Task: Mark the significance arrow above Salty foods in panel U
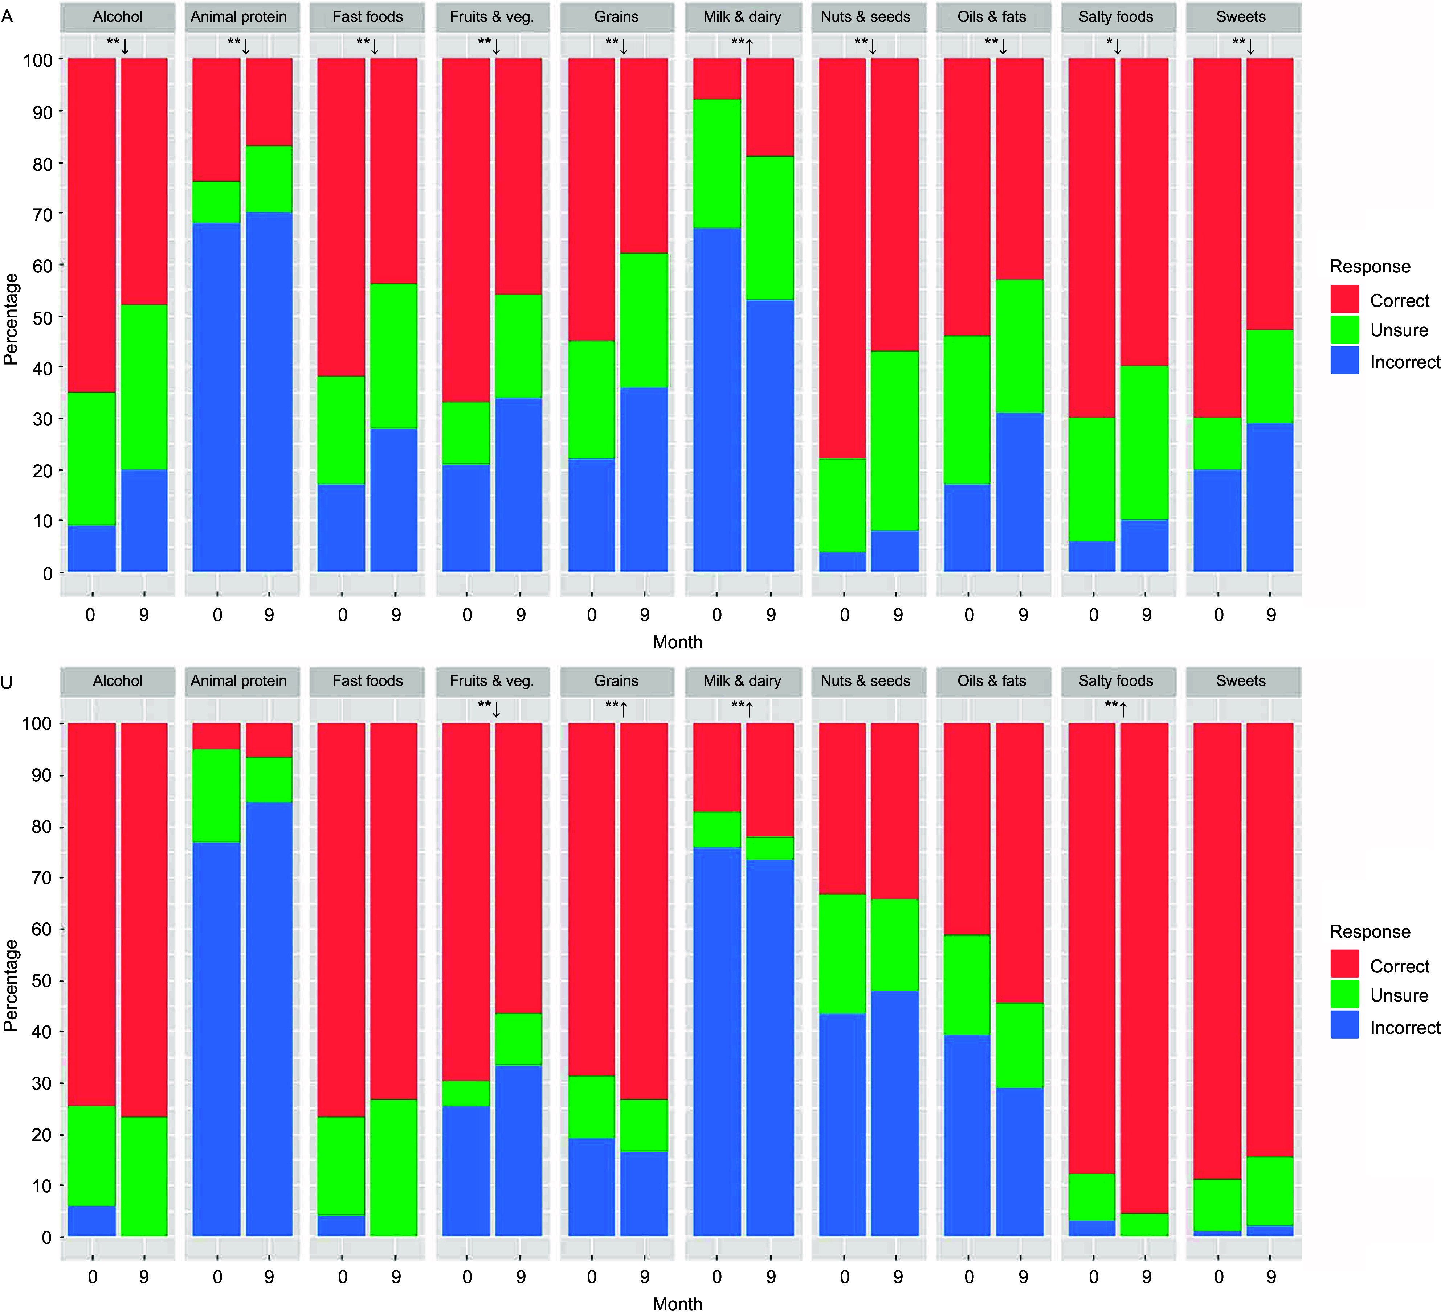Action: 1123,710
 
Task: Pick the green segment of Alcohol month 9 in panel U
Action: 144,1176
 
